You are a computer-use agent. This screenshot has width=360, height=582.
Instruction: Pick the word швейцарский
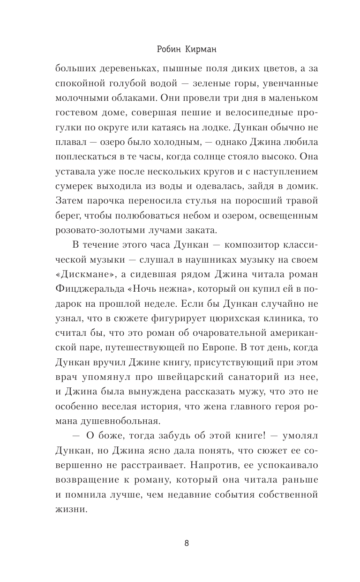(187, 363)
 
